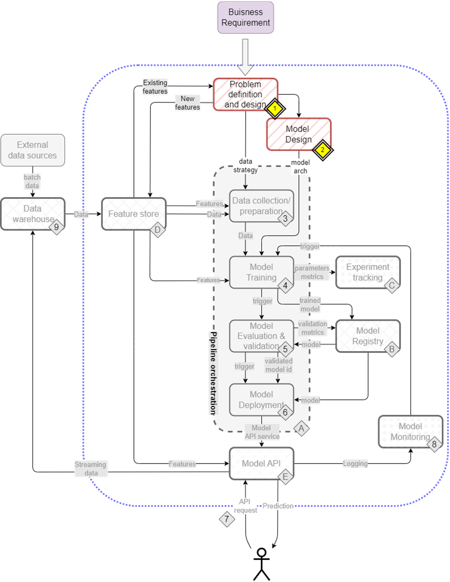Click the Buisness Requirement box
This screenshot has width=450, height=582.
[x=245, y=18]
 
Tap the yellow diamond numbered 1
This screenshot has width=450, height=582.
[x=274, y=108]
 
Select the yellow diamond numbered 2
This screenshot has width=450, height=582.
[x=323, y=149]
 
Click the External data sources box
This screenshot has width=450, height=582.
[x=33, y=150]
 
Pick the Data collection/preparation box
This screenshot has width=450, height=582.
[x=261, y=206]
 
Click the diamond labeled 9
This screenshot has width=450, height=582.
[x=56, y=227]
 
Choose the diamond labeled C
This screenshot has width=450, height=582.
[x=392, y=285]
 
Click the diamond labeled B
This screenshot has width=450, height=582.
[x=392, y=349]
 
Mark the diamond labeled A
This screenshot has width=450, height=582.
[x=301, y=428]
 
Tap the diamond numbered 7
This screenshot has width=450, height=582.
[x=227, y=519]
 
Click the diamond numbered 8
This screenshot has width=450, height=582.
[x=434, y=444]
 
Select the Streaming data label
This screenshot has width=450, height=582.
[x=90, y=469]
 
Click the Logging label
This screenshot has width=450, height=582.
[x=355, y=464]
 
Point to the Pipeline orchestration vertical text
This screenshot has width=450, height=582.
[x=213, y=372]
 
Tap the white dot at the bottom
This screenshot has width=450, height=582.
[x=261, y=552]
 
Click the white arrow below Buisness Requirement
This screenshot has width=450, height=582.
[x=245, y=56]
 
